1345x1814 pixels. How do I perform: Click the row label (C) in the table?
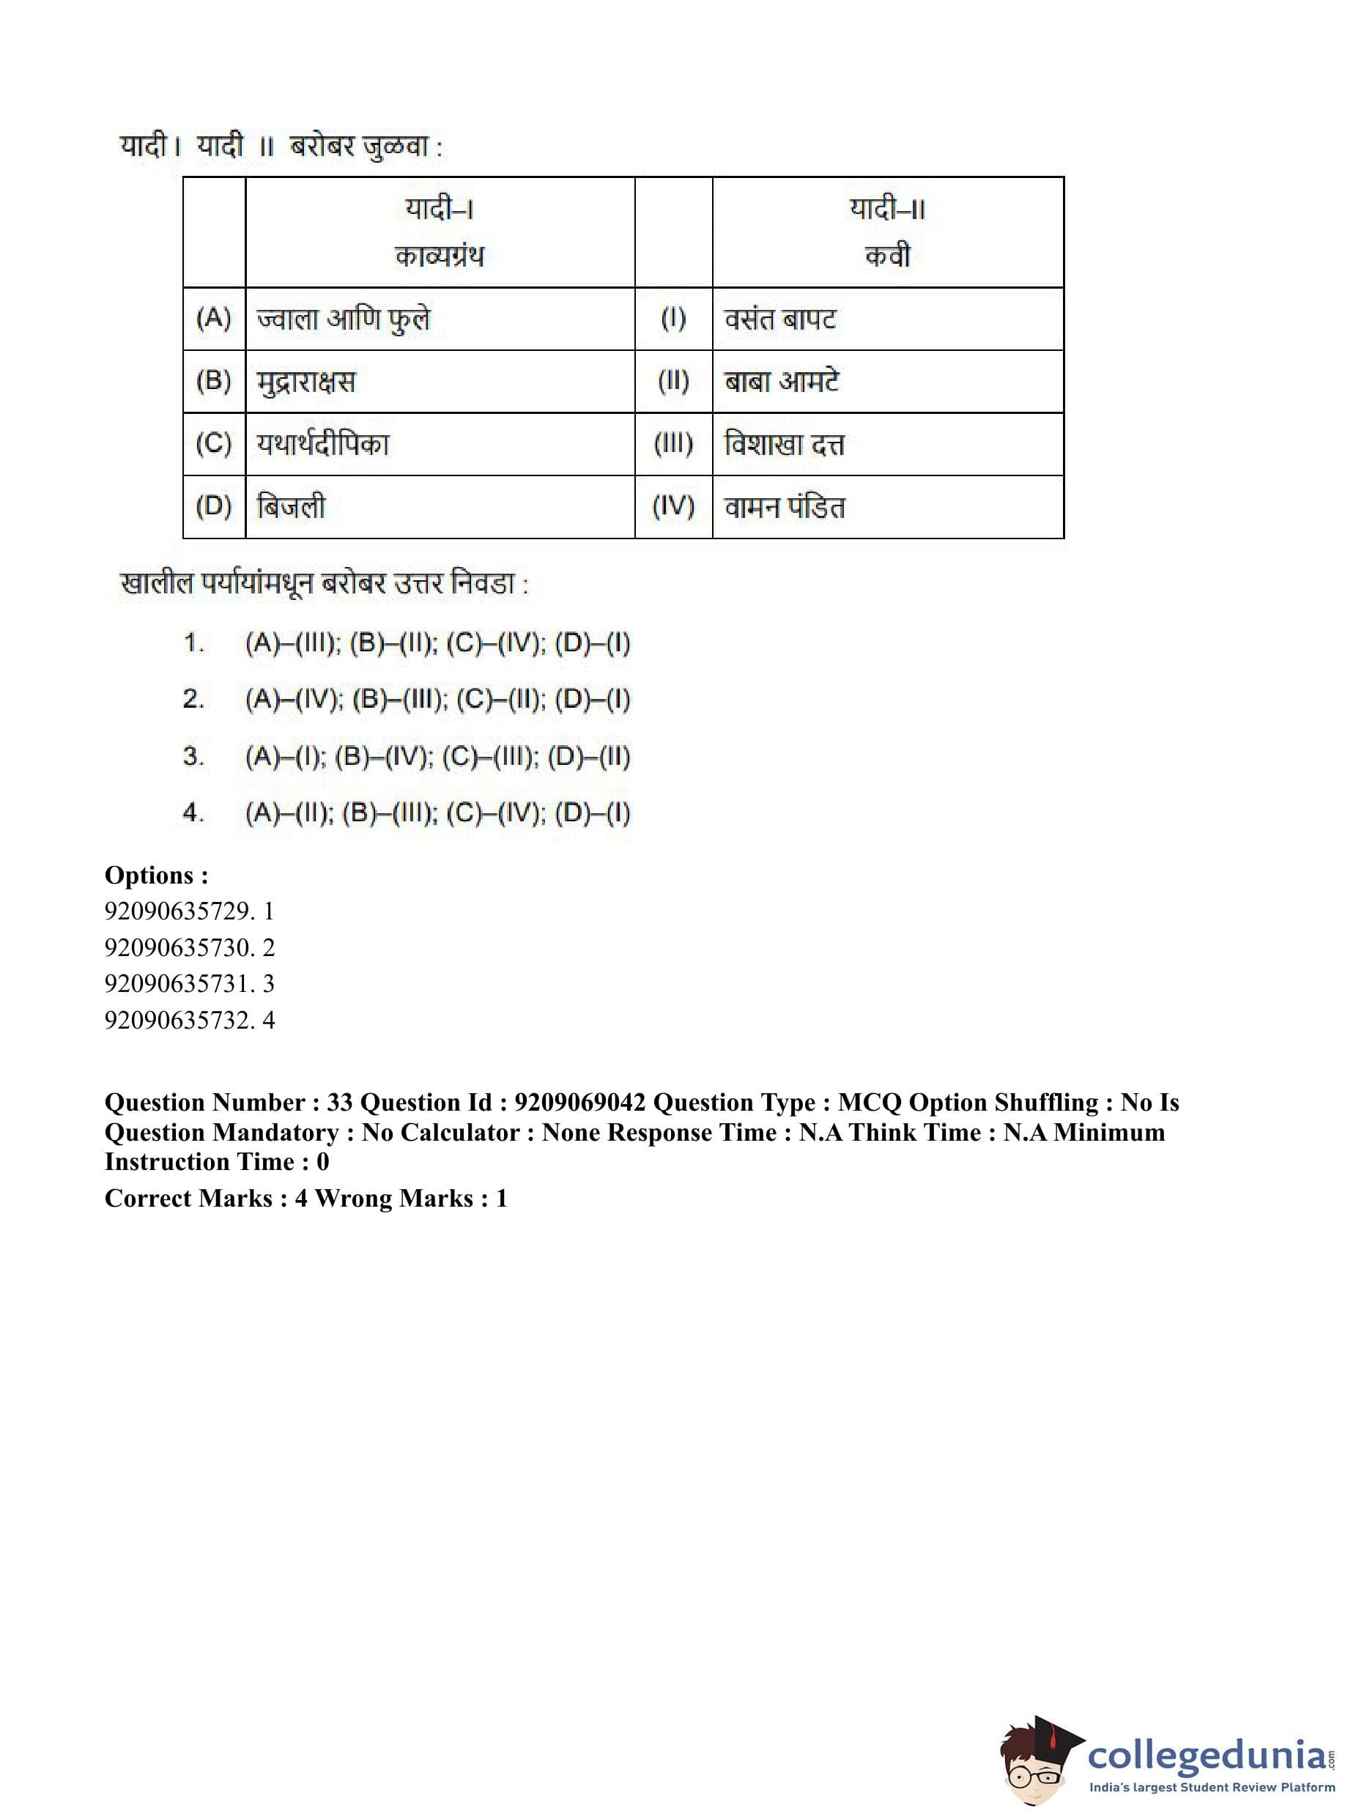(213, 445)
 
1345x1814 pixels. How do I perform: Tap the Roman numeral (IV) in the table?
(673, 507)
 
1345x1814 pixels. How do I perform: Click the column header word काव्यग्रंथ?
(439, 256)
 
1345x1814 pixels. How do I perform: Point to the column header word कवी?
(887, 256)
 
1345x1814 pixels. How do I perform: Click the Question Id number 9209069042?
(579, 1103)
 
